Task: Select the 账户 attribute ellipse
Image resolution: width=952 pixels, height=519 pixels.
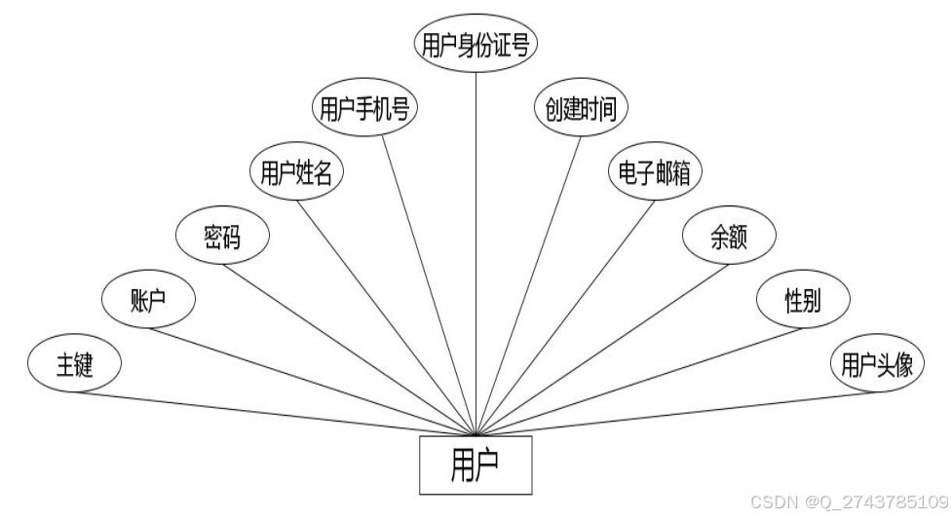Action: coord(149,300)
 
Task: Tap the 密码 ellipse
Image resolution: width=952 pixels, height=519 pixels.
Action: coord(222,237)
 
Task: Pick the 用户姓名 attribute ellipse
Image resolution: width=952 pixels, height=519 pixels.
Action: coord(297,173)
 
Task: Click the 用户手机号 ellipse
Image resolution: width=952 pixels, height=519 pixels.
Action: coord(365,110)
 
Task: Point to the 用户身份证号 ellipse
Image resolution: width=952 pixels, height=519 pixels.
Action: coord(476,45)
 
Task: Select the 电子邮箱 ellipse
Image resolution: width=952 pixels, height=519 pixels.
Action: coord(655,173)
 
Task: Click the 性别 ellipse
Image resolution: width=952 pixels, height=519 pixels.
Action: coord(804,300)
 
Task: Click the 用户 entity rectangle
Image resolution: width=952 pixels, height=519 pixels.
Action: coord(476,465)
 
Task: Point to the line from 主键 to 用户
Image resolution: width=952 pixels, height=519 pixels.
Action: coord(273,414)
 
